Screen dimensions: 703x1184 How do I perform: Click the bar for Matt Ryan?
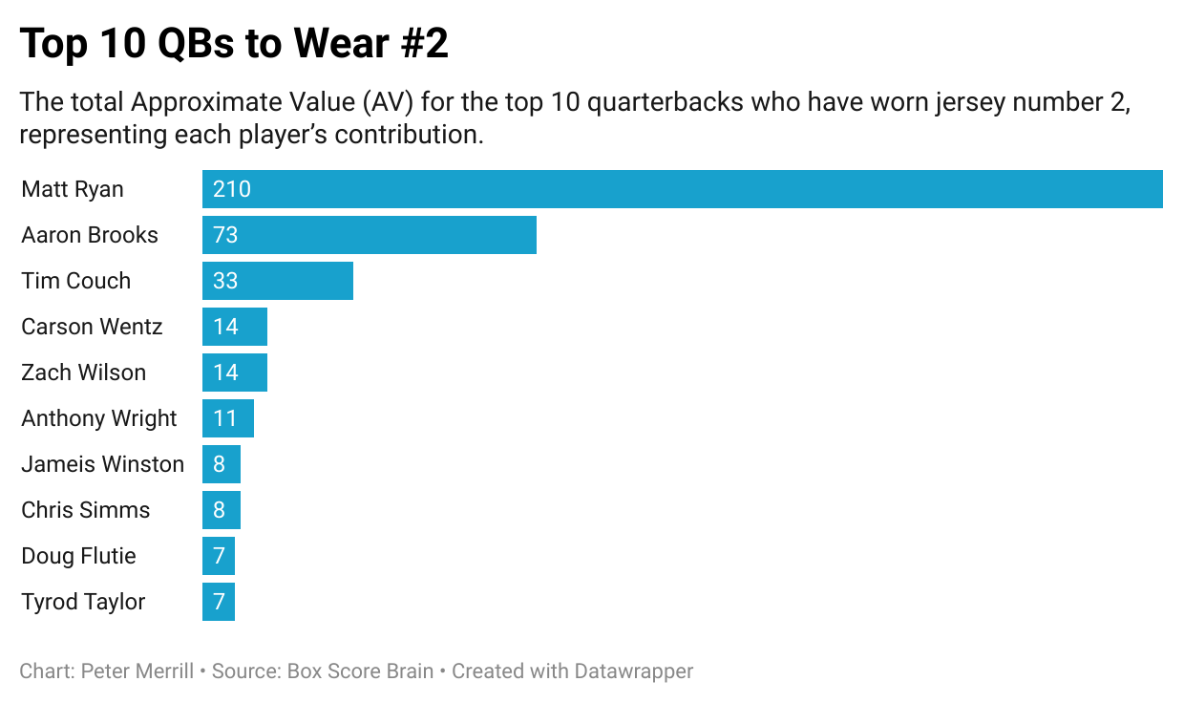(682, 189)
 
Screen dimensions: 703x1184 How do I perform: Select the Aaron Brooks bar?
(369, 235)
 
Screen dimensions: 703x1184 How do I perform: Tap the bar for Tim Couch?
(277, 281)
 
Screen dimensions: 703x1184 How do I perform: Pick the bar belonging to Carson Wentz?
(235, 327)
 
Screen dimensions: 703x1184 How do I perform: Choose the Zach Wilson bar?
(235, 373)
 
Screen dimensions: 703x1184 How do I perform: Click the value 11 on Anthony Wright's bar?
(225, 418)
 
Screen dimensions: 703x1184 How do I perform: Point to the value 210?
(232, 189)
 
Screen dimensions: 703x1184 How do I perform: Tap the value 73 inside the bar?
(225, 235)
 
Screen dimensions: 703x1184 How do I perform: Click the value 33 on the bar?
(225, 281)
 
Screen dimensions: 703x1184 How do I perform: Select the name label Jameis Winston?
(102, 464)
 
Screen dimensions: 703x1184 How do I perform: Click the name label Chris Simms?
(85, 510)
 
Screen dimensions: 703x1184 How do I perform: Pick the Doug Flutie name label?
(78, 556)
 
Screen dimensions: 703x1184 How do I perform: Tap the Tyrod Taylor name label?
(83, 602)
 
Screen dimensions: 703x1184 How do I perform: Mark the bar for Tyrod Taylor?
(219, 602)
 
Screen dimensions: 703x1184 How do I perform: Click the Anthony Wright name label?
(98, 418)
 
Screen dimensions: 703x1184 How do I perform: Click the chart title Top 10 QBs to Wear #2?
(234, 44)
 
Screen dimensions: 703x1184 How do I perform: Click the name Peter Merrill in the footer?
(137, 671)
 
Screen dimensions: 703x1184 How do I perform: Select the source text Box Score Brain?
(359, 671)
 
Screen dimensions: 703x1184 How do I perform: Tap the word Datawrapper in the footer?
(633, 671)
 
